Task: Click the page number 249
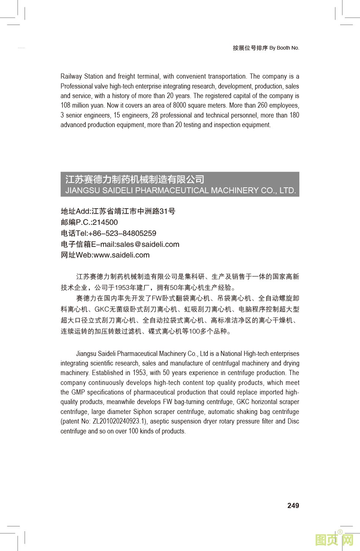pos(293,506)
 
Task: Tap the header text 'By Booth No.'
pos(284,48)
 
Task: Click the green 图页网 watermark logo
pos(334,540)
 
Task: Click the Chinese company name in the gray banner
pos(135,179)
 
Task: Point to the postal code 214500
pos(105,222)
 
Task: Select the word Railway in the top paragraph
pos(71,76)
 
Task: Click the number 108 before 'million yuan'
pos(66,105)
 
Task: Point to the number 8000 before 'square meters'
pos(180,105)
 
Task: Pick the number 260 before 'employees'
pos(262,105)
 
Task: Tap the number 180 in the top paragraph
pos(294,115)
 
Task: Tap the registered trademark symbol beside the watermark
pos(340,532)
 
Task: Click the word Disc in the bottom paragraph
pos(293,421)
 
